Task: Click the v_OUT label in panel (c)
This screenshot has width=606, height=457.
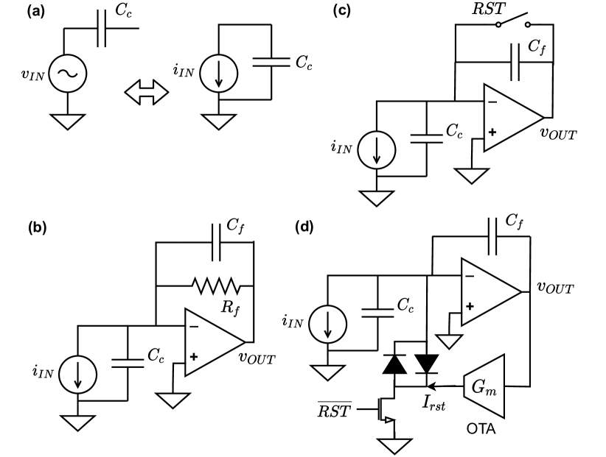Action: pyautogui.click(x=559, y=134)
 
